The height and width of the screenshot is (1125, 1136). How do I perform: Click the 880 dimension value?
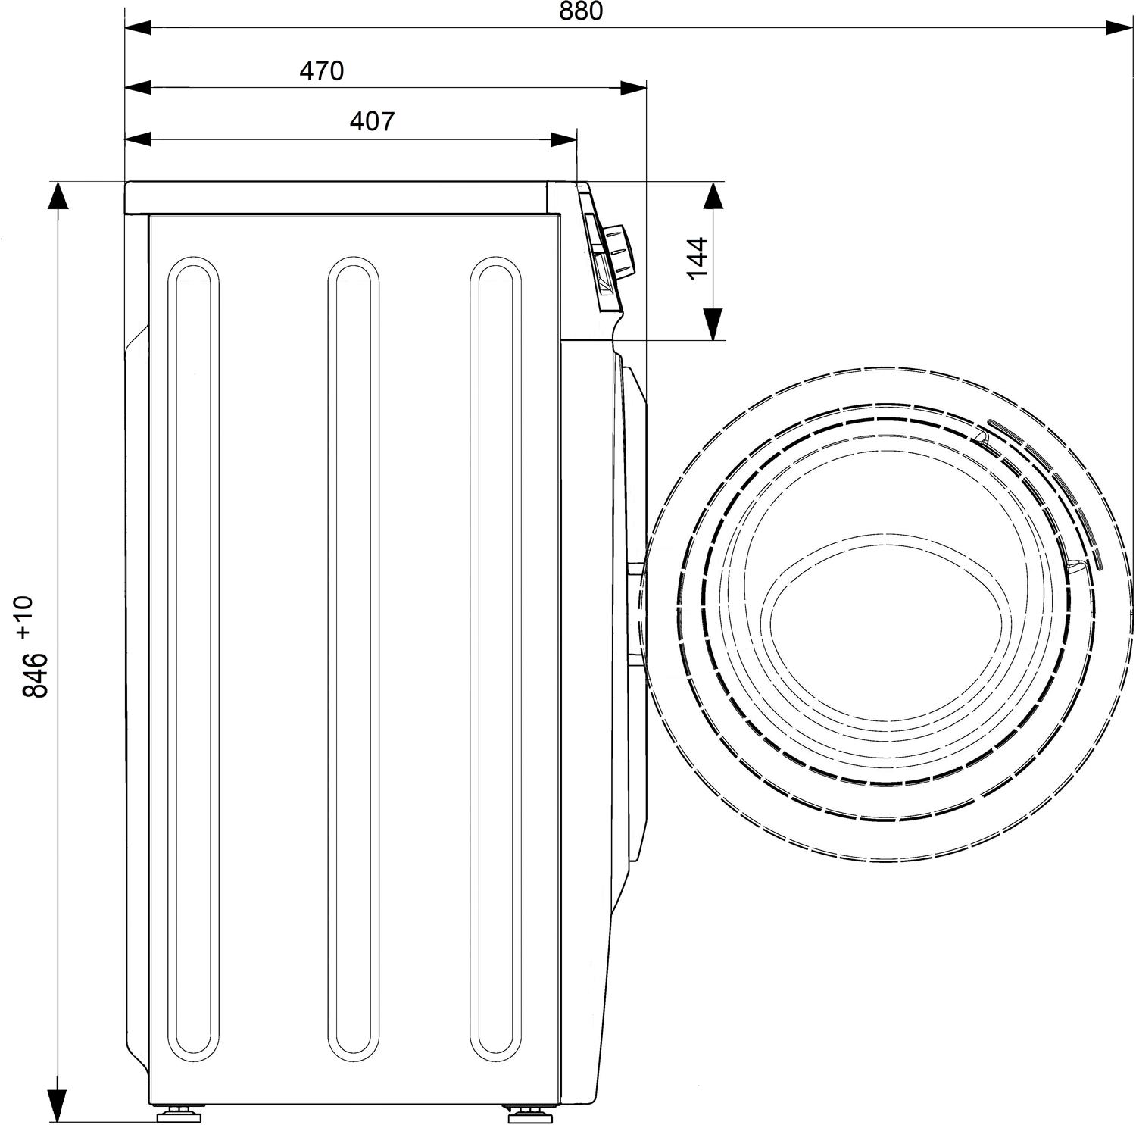(582, 11)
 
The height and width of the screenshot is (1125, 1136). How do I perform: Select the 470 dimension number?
(322, 70)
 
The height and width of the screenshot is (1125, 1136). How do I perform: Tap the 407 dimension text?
(372, 120)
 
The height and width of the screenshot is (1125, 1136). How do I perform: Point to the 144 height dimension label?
(698, 258)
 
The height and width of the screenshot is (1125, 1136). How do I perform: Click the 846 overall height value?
(35, 674)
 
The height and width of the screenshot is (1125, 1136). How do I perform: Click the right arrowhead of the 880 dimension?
(1119, 28)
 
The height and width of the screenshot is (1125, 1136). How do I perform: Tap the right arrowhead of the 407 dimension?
(564, 139)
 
